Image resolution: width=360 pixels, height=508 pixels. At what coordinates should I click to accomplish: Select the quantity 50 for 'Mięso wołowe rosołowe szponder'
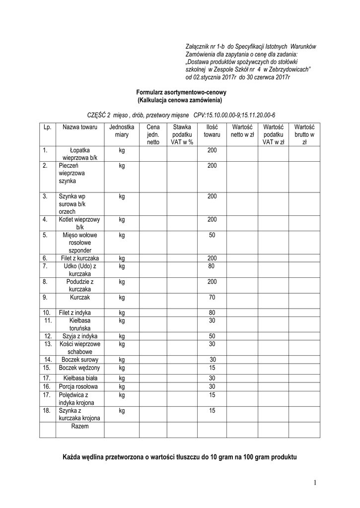pos(212,235)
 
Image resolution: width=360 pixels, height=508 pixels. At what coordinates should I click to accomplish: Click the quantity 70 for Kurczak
pos(212,298)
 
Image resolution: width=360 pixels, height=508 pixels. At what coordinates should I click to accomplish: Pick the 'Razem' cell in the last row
pos(79,426)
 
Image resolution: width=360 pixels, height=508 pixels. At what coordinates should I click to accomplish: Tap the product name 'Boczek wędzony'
pos(79,368)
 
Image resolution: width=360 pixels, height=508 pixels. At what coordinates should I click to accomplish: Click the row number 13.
pos(48,344)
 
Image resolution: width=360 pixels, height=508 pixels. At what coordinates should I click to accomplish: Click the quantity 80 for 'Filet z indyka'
pos(212,313)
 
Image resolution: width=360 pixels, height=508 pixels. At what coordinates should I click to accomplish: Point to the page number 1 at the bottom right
pos(315,483)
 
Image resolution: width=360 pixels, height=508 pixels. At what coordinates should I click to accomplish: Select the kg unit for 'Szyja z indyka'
pos(122,336)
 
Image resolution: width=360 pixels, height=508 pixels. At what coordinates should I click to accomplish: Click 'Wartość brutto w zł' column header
pos(304,134)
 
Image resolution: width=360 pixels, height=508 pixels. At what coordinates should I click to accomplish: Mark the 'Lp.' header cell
pos(48,127)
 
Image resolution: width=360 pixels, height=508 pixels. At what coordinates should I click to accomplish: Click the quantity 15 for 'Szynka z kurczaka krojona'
pos(212,411)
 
